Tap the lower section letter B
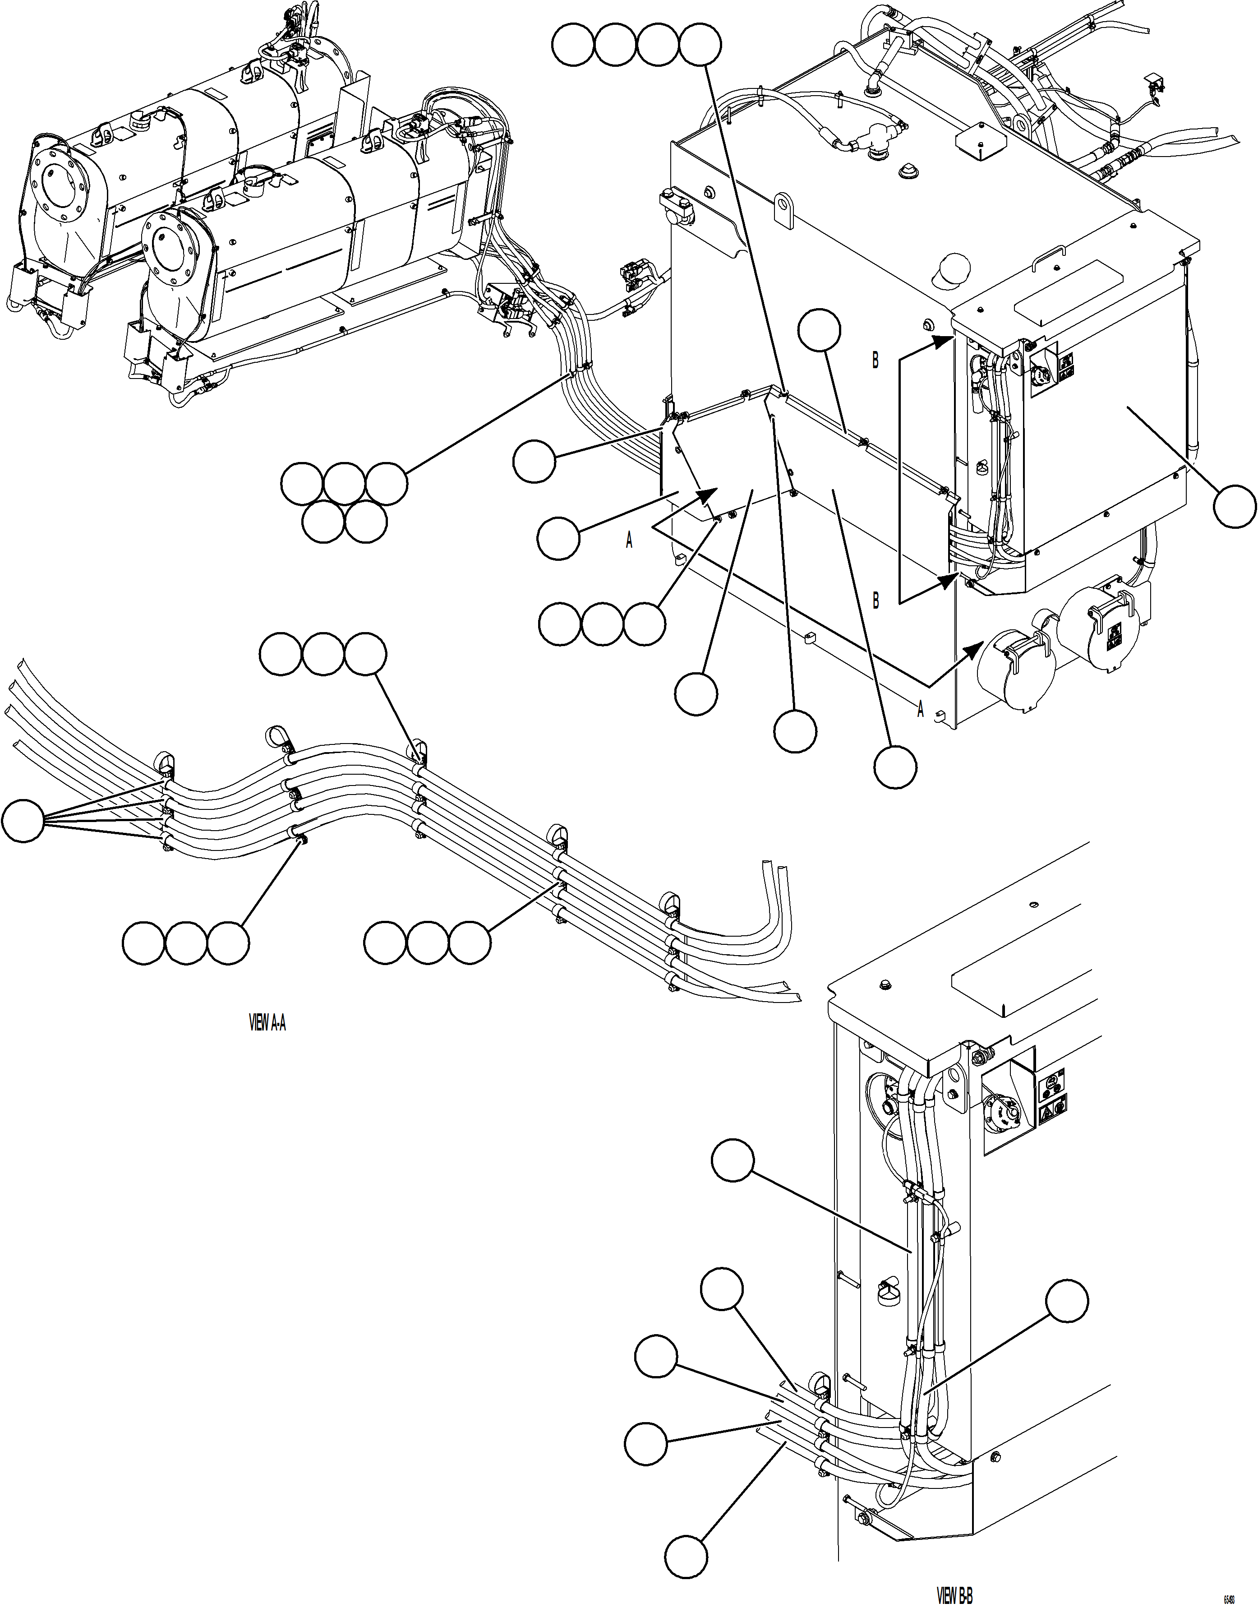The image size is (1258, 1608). [x=875, y=601]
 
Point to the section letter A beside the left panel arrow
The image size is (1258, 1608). [x=629, y=541]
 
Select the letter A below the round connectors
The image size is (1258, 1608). [x=920, y=709]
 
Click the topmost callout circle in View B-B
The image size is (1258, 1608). [x=733, y=1162]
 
